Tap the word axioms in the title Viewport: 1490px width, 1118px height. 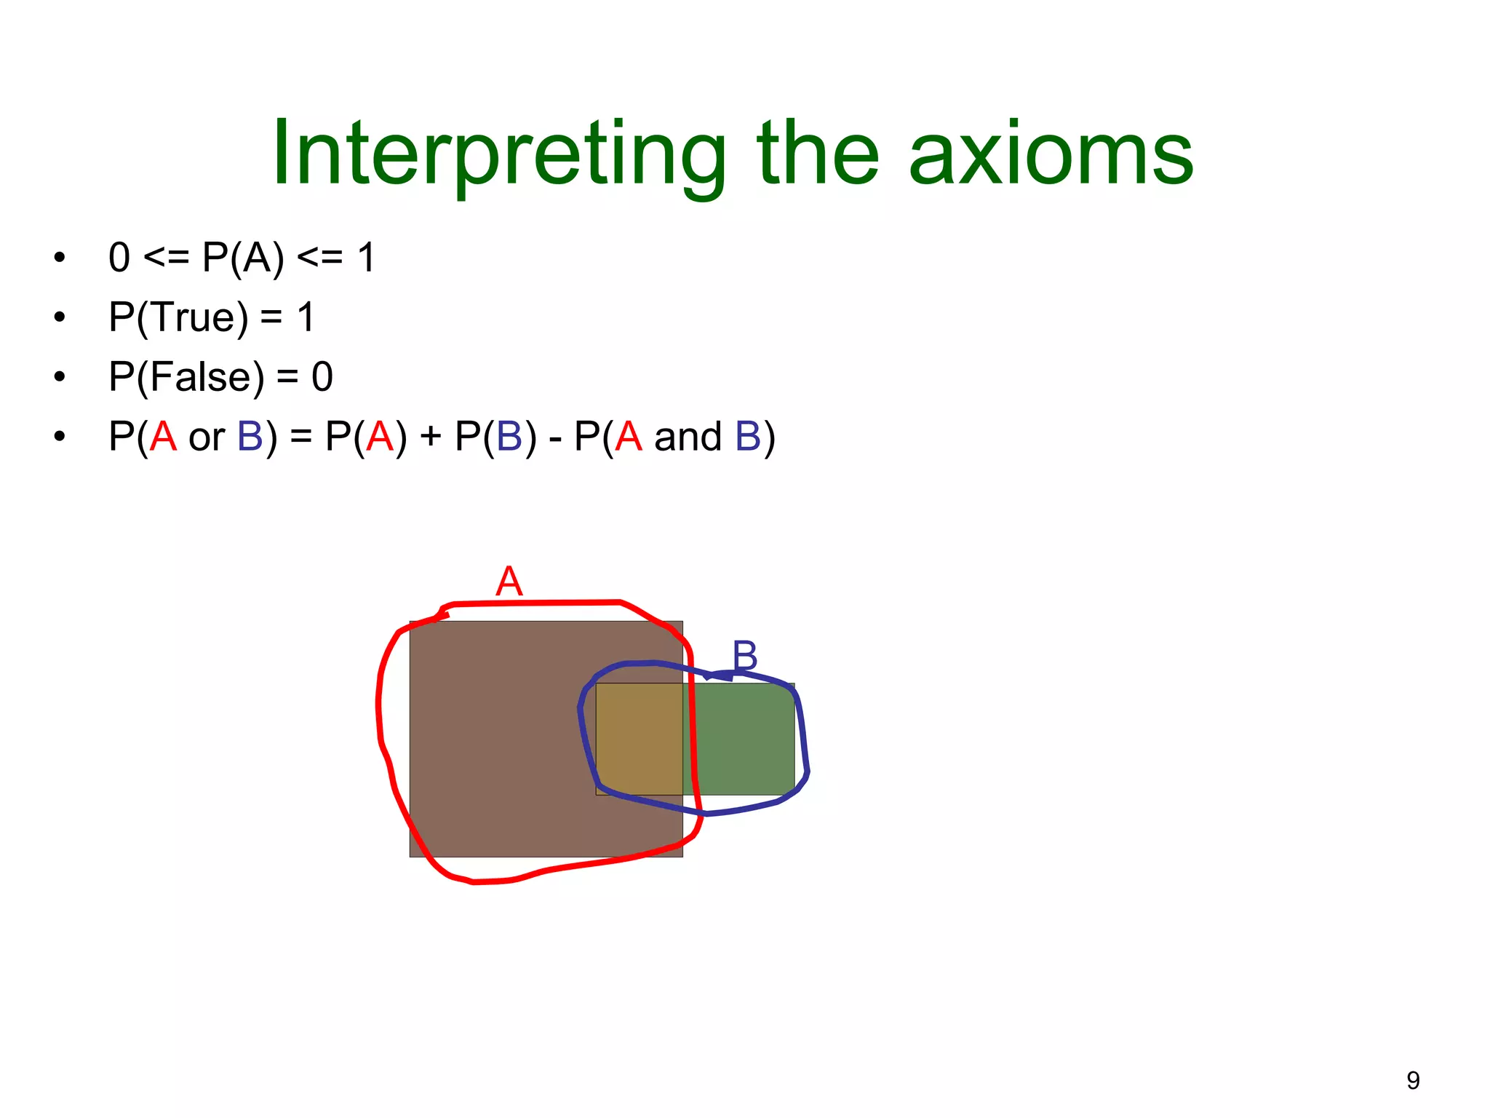coord(1051,154)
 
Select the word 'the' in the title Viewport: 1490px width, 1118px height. coord(818,154)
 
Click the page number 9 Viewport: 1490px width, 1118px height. coord(1413,1080)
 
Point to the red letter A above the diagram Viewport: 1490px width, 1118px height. coord(509,582)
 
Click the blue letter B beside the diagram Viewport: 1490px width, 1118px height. coord(745,655)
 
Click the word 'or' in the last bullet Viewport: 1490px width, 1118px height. coord(207,437)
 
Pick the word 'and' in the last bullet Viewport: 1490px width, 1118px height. coord(688,437)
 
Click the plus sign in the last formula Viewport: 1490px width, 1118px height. coord(431,437)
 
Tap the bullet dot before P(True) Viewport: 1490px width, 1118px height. coord(60,318)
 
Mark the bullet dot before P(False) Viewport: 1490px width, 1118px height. coord(60,378)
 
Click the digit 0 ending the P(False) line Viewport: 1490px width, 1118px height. coord(322,377)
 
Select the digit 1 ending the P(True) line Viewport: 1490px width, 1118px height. coord(306,318)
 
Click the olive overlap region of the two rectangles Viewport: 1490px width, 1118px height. coord(639,737)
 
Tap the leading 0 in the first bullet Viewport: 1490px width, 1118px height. coord(119,258)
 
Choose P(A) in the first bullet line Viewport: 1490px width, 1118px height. coord(243,258)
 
